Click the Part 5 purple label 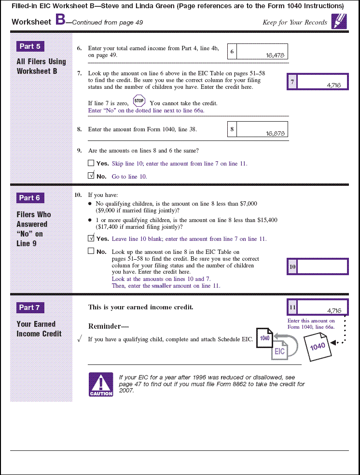(30, 46)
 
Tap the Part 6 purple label (30, 198)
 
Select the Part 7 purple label (30, 307)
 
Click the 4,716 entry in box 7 (333, 85)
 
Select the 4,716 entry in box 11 (333, 310)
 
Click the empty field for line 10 (322, 266)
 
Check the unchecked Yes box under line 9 (91, 163)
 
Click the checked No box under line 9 (91, 176)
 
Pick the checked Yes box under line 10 (91, 238)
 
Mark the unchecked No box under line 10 (91, 251)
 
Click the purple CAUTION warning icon (101, 385)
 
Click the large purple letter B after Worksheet (60, 20)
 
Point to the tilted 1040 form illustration (318, 347)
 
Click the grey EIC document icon (280, 351)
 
